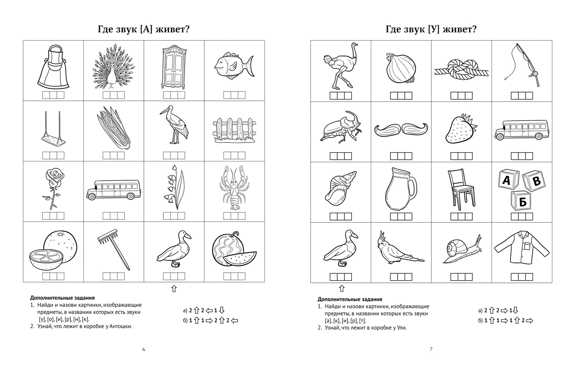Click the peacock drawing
click(x=113, y=67)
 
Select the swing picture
click(x=53, y=130)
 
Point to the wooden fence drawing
click(x=234, y=130)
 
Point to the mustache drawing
click(x=401, y=129)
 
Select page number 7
click(x=431, y=349)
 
